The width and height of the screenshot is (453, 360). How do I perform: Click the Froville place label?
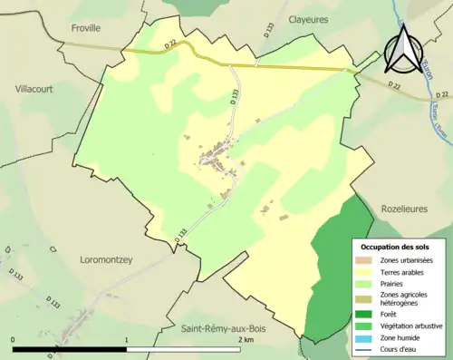pyautogui.click(x=86, y=28)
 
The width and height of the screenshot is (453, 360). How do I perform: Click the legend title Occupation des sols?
pyautogui.click(x=395, y=246)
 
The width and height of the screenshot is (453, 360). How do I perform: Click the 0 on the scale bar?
pyautogui.click(x=14, y=338)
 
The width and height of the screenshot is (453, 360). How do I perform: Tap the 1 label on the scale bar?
pyautogui.click(x=126, y=338)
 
